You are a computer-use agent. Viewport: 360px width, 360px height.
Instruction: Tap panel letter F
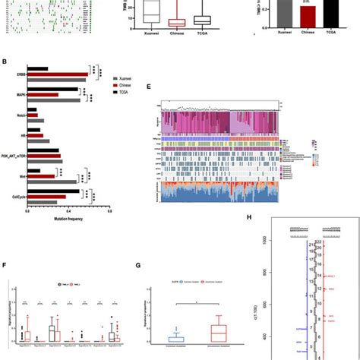(x=6, y=267)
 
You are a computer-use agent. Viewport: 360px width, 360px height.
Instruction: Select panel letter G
(x=136, y=267)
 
